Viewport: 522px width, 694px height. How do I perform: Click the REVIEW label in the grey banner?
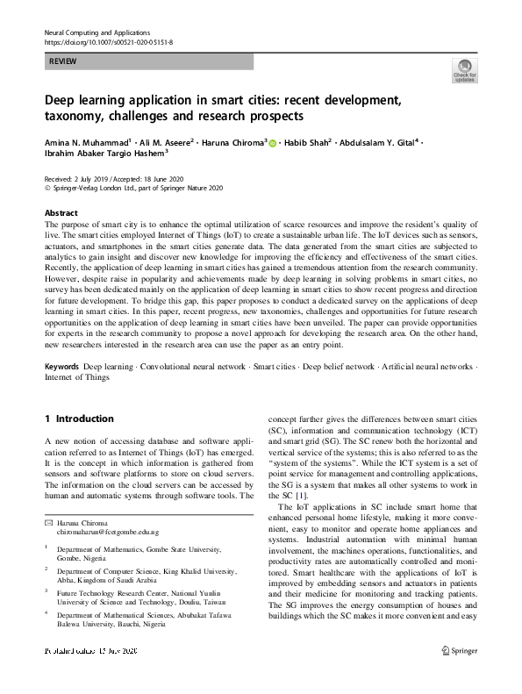[61, 62]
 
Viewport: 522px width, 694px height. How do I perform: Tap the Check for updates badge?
[464, 71]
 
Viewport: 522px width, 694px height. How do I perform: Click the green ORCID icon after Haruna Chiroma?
[272, 141]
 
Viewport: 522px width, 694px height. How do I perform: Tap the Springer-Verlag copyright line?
[134, 187]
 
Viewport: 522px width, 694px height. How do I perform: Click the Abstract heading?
[61, 213]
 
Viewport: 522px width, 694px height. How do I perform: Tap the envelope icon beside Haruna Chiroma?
[49, 498]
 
